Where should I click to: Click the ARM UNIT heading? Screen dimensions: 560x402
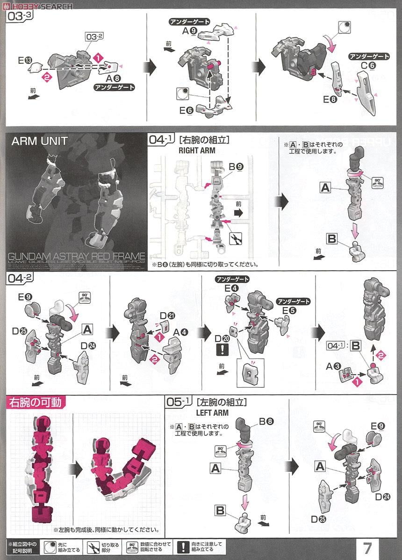point(39,141)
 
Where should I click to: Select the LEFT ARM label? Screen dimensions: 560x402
point(212,413)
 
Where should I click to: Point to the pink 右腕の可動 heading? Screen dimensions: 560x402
point(36,402)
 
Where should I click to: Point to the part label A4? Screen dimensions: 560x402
point(180,333)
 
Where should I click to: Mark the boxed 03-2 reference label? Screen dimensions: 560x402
point(94,37)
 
